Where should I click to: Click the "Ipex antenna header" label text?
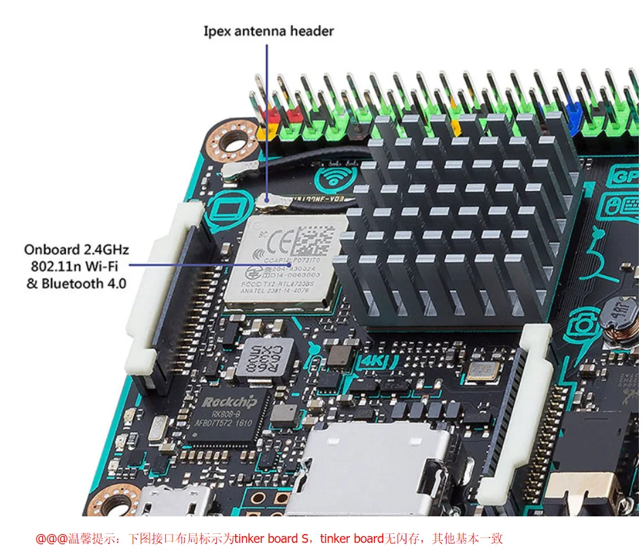coord(268,31)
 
